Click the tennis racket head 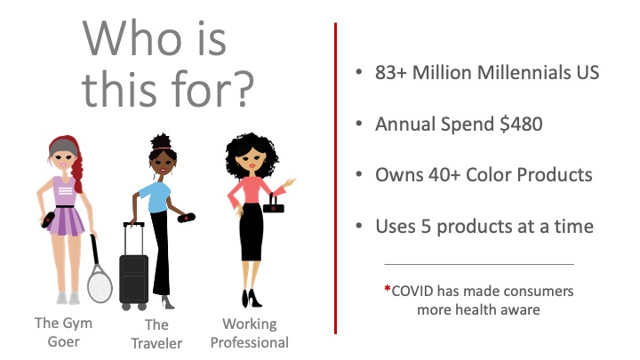(100, 284)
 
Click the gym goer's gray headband (64, 148)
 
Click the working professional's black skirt (251, 232)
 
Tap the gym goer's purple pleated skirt (66, 221)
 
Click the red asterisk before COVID (388, 289)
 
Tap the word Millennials (524, 73)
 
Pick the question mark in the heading (244, 89)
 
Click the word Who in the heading (132, 38)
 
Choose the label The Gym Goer (64, 332)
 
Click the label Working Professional (250, 333)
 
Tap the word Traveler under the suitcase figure (156, 344)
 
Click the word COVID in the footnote (412, 292)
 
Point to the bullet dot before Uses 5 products (359, 225)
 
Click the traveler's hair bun (161, 140)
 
